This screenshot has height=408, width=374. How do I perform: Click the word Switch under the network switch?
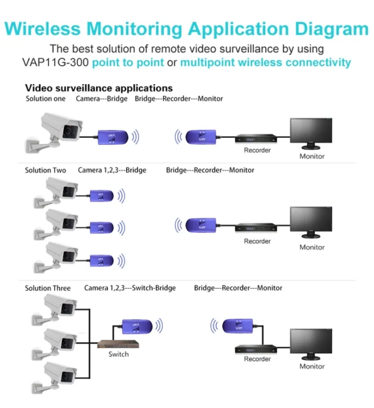[119, 354]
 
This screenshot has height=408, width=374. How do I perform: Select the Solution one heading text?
[46, 98]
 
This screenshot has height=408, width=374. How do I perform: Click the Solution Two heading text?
[46, 170]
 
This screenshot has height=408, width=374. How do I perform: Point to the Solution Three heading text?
[48, 288]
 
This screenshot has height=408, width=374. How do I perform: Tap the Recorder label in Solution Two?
[257, 241]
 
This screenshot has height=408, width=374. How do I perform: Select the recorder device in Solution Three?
[257, 349]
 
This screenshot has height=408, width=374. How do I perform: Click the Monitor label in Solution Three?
[311, 366]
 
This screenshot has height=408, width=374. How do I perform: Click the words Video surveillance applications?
[99, 88]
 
